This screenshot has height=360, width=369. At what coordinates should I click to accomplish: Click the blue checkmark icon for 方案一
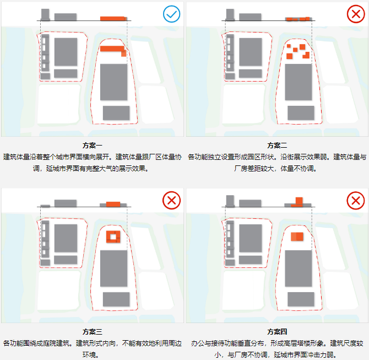[172, 14]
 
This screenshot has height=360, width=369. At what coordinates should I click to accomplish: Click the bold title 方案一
[93, 146]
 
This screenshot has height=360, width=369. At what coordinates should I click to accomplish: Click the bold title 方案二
[277, 146]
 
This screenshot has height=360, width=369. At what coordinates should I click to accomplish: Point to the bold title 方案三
[93, 332]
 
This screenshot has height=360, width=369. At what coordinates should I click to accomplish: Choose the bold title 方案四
[277, 332]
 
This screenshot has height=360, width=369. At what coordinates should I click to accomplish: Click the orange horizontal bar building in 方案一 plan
[112, 49]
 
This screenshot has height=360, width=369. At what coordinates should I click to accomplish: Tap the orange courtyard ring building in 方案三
[113, 237]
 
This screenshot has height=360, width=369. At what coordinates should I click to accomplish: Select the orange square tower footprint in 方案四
[297, 237]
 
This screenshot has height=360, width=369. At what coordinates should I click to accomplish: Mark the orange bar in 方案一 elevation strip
[113, 19]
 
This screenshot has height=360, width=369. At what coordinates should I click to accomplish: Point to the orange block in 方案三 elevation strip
[113, 204]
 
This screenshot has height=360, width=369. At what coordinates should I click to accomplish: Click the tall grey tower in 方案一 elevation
[45, 15]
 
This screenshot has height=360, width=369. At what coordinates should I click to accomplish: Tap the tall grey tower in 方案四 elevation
[230, 201]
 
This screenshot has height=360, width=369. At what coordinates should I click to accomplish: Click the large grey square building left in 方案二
[250, 52]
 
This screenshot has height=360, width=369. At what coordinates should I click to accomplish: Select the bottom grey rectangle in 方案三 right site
[116, 298]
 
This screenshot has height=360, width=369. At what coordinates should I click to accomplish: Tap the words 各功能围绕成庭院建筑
[37, 343]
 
